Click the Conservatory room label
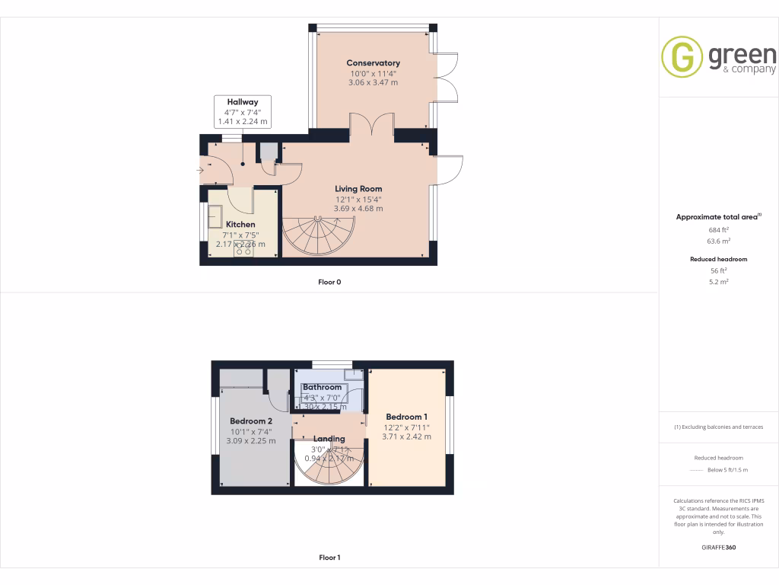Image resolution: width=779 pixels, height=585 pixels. [x=373, y=63]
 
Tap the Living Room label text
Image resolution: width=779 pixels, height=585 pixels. [x=358, y=189]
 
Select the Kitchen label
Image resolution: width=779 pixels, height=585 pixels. [x=240, y=225]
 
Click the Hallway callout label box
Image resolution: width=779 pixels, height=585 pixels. [x=242, y=111]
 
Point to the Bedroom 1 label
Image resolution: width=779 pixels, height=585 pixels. [x=406, y=417]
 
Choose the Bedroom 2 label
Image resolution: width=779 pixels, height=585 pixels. [x=251, y=421]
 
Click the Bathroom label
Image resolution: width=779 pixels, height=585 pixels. [x=322, y=387]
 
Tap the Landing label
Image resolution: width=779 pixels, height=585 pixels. [x=329, y=439]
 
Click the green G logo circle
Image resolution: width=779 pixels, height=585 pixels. [x=682, y=56]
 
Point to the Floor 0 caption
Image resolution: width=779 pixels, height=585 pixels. [x=329, y=282]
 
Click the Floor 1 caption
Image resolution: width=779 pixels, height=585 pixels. [x=329, y=558]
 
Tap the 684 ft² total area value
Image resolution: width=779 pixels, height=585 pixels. [x=719, y=229]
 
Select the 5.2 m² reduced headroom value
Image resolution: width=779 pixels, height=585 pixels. [x=719, y=282]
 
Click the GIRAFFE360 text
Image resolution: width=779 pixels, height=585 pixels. [x=719, y=547]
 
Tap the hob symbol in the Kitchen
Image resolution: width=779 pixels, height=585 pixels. [x=243, y=248]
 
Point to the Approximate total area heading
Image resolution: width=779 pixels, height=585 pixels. [x=717, y=217]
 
